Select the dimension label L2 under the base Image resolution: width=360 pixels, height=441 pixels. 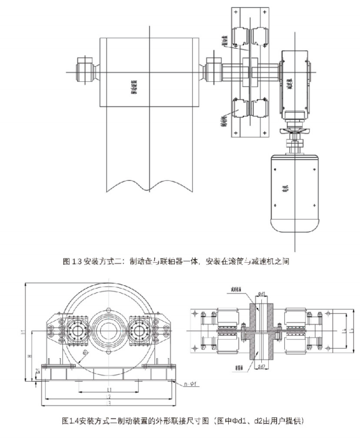(x=109, y=396)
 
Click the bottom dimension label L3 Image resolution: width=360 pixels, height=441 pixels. (x=109, y=403)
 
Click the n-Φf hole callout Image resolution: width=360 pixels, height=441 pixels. (x=191, y=384)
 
